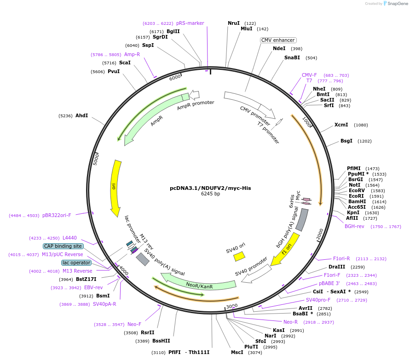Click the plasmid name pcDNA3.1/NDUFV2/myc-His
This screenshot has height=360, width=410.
(210, 188)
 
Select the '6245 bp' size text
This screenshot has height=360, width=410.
(210, 194)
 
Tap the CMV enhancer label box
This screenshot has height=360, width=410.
(278, 40)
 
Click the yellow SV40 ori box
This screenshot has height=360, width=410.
(239, 256)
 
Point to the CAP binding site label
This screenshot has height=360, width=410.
(63, 246)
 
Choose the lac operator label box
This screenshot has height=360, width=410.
(76, 263)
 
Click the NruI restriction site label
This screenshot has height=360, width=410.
(234, 23)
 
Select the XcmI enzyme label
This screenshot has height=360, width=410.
(341, 125)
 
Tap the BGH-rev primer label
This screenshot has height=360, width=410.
(354, 226)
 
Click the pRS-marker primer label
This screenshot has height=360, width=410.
(190, 23)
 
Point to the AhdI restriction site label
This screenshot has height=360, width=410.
(81, 115)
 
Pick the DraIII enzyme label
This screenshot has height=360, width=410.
(336, 267)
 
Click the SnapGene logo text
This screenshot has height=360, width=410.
(398, 4)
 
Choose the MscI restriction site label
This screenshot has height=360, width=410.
(237, 352)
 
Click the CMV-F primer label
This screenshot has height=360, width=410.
(309, 75)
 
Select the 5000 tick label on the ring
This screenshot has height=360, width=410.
(96, 159)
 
